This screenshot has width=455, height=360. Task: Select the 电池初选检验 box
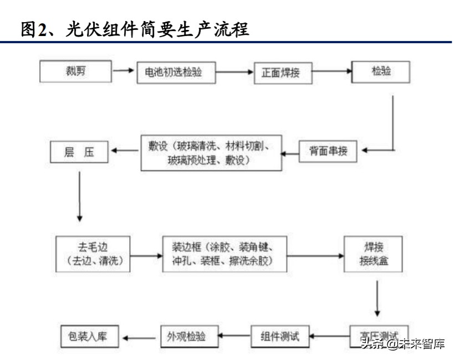176,73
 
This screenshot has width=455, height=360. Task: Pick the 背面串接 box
328,151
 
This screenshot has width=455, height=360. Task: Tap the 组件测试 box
279,336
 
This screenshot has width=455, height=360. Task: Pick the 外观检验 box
190,336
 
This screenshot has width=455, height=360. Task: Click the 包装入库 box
91,336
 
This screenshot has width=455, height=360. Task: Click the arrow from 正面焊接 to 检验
332,71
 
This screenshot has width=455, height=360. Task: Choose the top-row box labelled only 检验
381,72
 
